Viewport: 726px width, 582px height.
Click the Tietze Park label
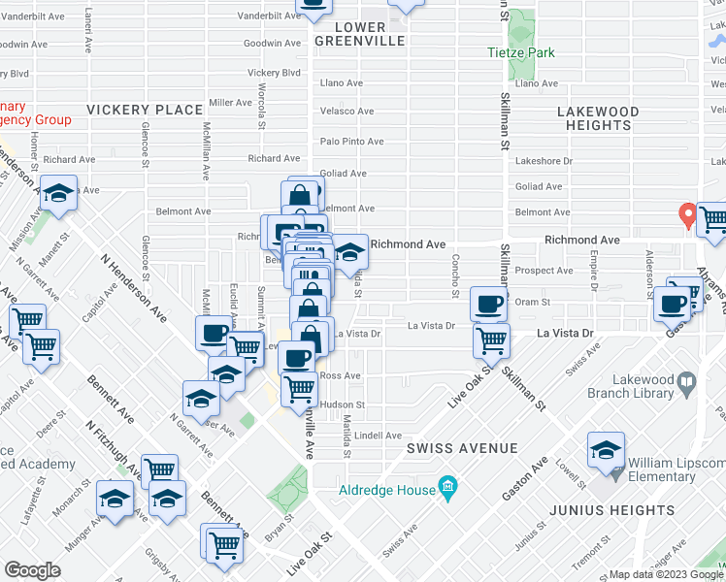521,52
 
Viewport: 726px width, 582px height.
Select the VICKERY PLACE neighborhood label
144,110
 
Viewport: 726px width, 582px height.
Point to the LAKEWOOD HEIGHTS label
599,118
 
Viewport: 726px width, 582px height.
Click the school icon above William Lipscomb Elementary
606,450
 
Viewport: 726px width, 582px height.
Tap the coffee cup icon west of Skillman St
488,304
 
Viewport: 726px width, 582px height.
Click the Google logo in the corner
32,570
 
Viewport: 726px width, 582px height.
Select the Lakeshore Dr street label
544,161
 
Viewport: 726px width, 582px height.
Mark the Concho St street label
454,264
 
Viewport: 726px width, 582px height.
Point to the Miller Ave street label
230,102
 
